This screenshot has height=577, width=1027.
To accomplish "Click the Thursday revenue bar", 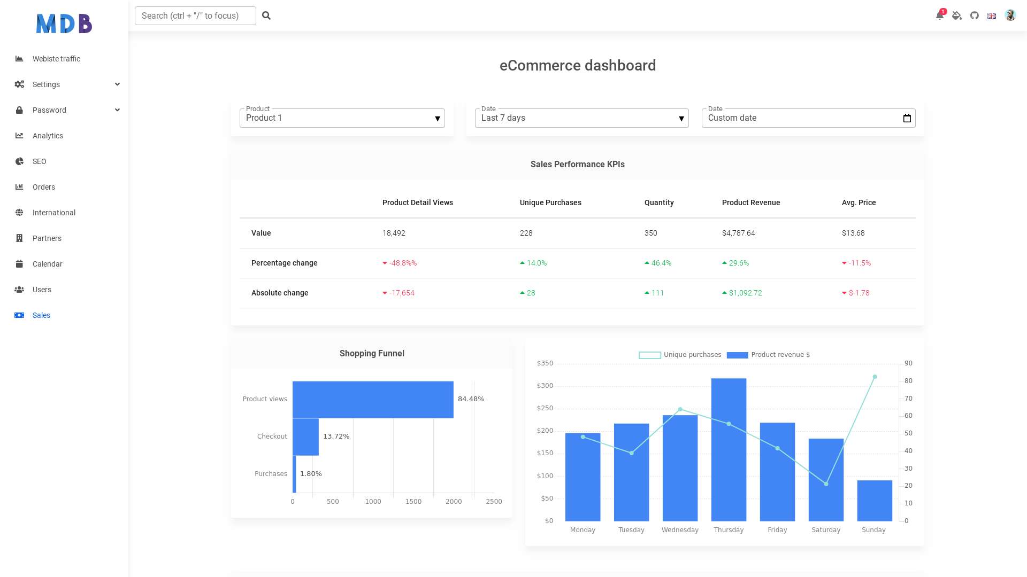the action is pos(729,449).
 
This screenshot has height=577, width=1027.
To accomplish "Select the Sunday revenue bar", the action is pos(875,501).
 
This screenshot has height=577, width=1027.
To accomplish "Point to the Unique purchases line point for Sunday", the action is pos(875,377).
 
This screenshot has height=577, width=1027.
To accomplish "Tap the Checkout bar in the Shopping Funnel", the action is pos(305,436).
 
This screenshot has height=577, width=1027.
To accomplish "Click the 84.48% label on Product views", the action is pos(471,399).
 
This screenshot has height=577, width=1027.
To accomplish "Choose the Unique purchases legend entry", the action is pos(680,355).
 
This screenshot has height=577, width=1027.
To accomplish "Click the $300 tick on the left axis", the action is pos(545,386).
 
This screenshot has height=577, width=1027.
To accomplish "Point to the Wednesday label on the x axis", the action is pos(680,530).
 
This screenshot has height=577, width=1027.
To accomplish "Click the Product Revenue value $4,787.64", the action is pos(739,233).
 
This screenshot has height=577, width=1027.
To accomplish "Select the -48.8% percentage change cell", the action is pos(400,263).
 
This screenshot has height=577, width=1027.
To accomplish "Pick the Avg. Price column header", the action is pos(859,202).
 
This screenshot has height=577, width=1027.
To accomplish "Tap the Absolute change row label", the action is pos(280,293).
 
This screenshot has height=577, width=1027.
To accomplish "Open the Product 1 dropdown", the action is pos(342,118).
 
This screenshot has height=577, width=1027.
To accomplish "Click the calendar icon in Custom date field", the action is pos(907,118).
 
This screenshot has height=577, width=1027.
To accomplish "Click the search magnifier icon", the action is pos(266,15).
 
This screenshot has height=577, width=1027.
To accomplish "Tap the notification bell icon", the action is pos(940,15).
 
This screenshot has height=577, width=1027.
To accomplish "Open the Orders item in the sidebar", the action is pos(44,187).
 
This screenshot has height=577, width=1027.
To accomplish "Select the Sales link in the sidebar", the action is pos(41,315).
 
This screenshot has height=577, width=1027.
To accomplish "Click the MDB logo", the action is pos(64,24).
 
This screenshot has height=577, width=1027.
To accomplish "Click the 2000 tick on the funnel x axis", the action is pos(454,502).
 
